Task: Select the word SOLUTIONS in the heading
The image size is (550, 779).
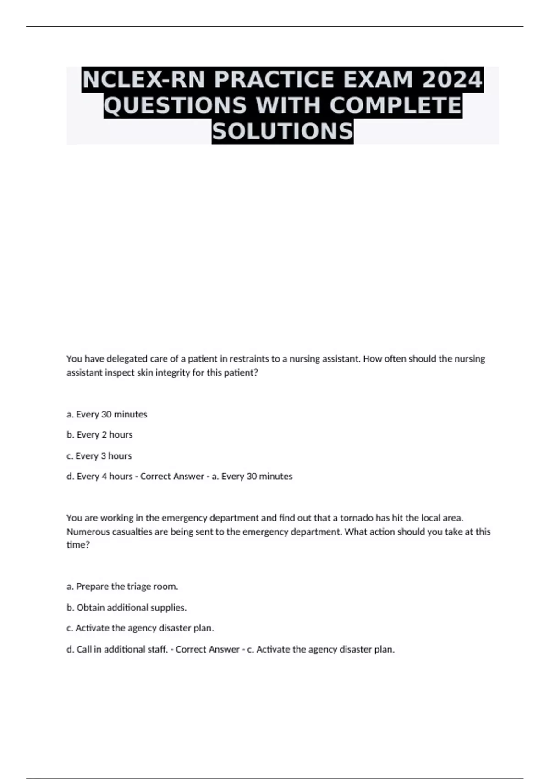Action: tap(282, 131)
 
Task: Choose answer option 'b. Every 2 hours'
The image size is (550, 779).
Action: tap(99, 434)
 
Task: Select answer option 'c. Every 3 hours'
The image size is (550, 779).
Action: tap(99, 456)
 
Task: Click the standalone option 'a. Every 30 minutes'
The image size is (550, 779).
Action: tap(107, 414)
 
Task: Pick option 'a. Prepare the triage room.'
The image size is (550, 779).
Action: tap(122, 587)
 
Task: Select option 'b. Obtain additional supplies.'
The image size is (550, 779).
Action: tap(126, 608)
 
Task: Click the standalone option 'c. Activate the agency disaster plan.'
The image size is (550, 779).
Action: tap(140, 628)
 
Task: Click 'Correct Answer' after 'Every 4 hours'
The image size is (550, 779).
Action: tap(172, 477)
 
